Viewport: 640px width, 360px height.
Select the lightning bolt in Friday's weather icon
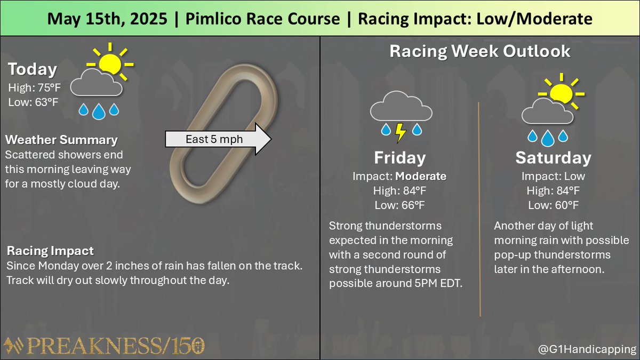click(399, 132)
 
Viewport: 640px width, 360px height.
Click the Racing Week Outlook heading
click(479, 52)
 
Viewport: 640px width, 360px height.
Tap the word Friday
click(399, 158)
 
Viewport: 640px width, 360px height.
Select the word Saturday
click(553, 158)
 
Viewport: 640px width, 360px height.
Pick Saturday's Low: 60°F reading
click(553, 205)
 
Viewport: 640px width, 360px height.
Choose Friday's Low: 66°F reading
click(399, 205)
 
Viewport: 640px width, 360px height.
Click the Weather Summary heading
click(61, 140)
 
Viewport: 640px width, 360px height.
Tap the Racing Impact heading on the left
click(50, 251)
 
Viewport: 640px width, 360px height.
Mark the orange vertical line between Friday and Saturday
click(479, 208)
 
